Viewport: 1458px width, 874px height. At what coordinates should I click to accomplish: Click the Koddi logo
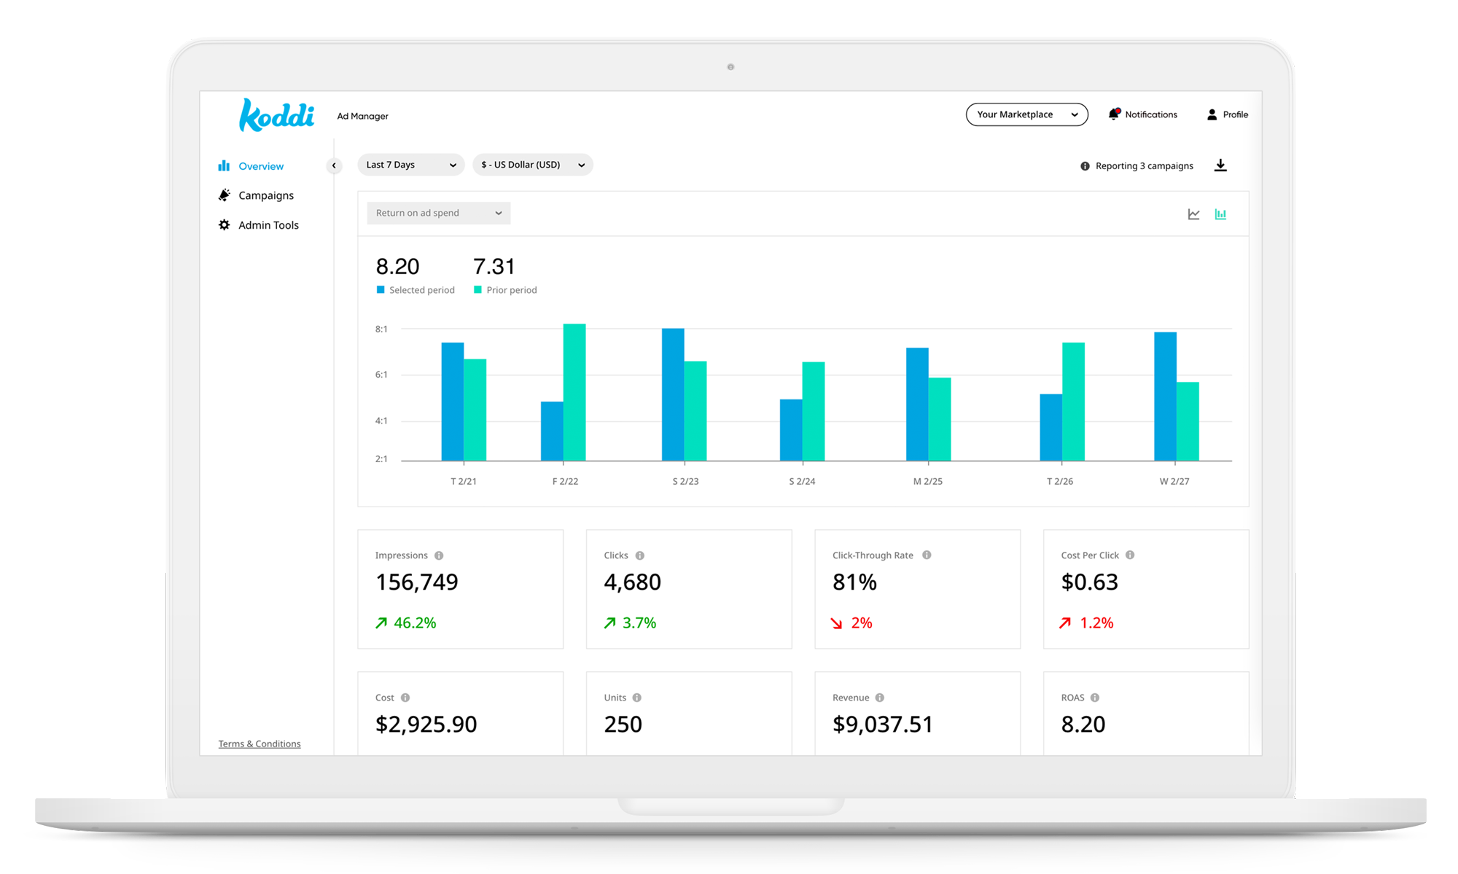276,115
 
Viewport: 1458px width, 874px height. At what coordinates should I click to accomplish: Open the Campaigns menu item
265,195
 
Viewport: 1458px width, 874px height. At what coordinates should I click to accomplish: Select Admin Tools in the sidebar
268,225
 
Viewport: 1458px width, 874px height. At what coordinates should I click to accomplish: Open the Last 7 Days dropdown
410,165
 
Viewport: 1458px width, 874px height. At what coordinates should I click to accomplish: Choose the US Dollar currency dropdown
532,165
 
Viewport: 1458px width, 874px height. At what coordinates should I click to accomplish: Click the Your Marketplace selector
1026,114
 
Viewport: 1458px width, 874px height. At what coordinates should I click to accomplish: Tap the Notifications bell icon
1114,114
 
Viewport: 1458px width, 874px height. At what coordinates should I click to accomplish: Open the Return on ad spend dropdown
438,213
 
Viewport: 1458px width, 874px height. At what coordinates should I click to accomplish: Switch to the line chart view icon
1193,214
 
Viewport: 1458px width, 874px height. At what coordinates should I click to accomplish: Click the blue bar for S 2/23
673,394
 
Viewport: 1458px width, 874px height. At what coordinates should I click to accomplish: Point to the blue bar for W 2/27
1165,397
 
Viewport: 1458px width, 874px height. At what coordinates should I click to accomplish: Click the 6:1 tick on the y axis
381,375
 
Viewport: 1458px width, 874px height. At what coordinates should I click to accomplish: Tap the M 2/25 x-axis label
927,481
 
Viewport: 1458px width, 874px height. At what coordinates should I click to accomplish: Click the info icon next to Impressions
439,555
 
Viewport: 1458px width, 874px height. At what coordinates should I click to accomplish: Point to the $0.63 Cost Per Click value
1089,582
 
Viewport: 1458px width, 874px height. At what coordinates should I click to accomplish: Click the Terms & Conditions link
259,744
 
